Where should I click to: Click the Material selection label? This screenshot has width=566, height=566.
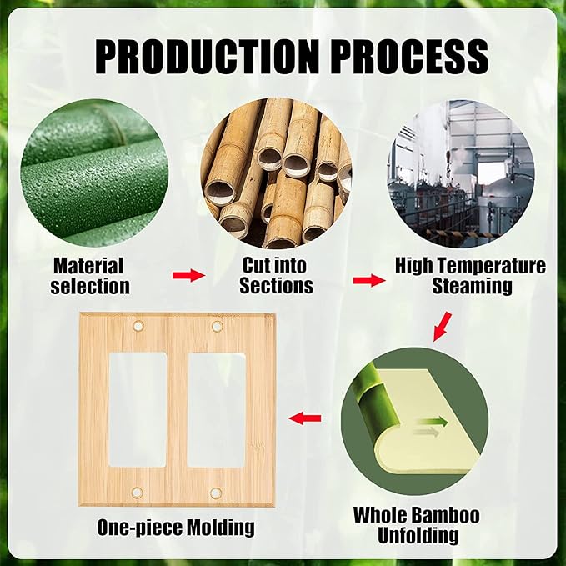point(89,276)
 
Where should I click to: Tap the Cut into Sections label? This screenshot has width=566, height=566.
point(276,276)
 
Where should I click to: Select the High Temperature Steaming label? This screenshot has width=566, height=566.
point(470,276)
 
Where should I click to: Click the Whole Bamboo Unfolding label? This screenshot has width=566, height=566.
point(416,524)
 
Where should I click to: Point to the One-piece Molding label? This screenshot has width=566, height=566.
point(176,528)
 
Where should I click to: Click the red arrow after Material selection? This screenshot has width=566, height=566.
point(188,276)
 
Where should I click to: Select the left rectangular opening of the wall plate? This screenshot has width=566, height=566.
point(138,408)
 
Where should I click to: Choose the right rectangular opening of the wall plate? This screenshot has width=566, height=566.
point(217,408)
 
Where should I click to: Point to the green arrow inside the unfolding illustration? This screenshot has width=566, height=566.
point(433,423)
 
